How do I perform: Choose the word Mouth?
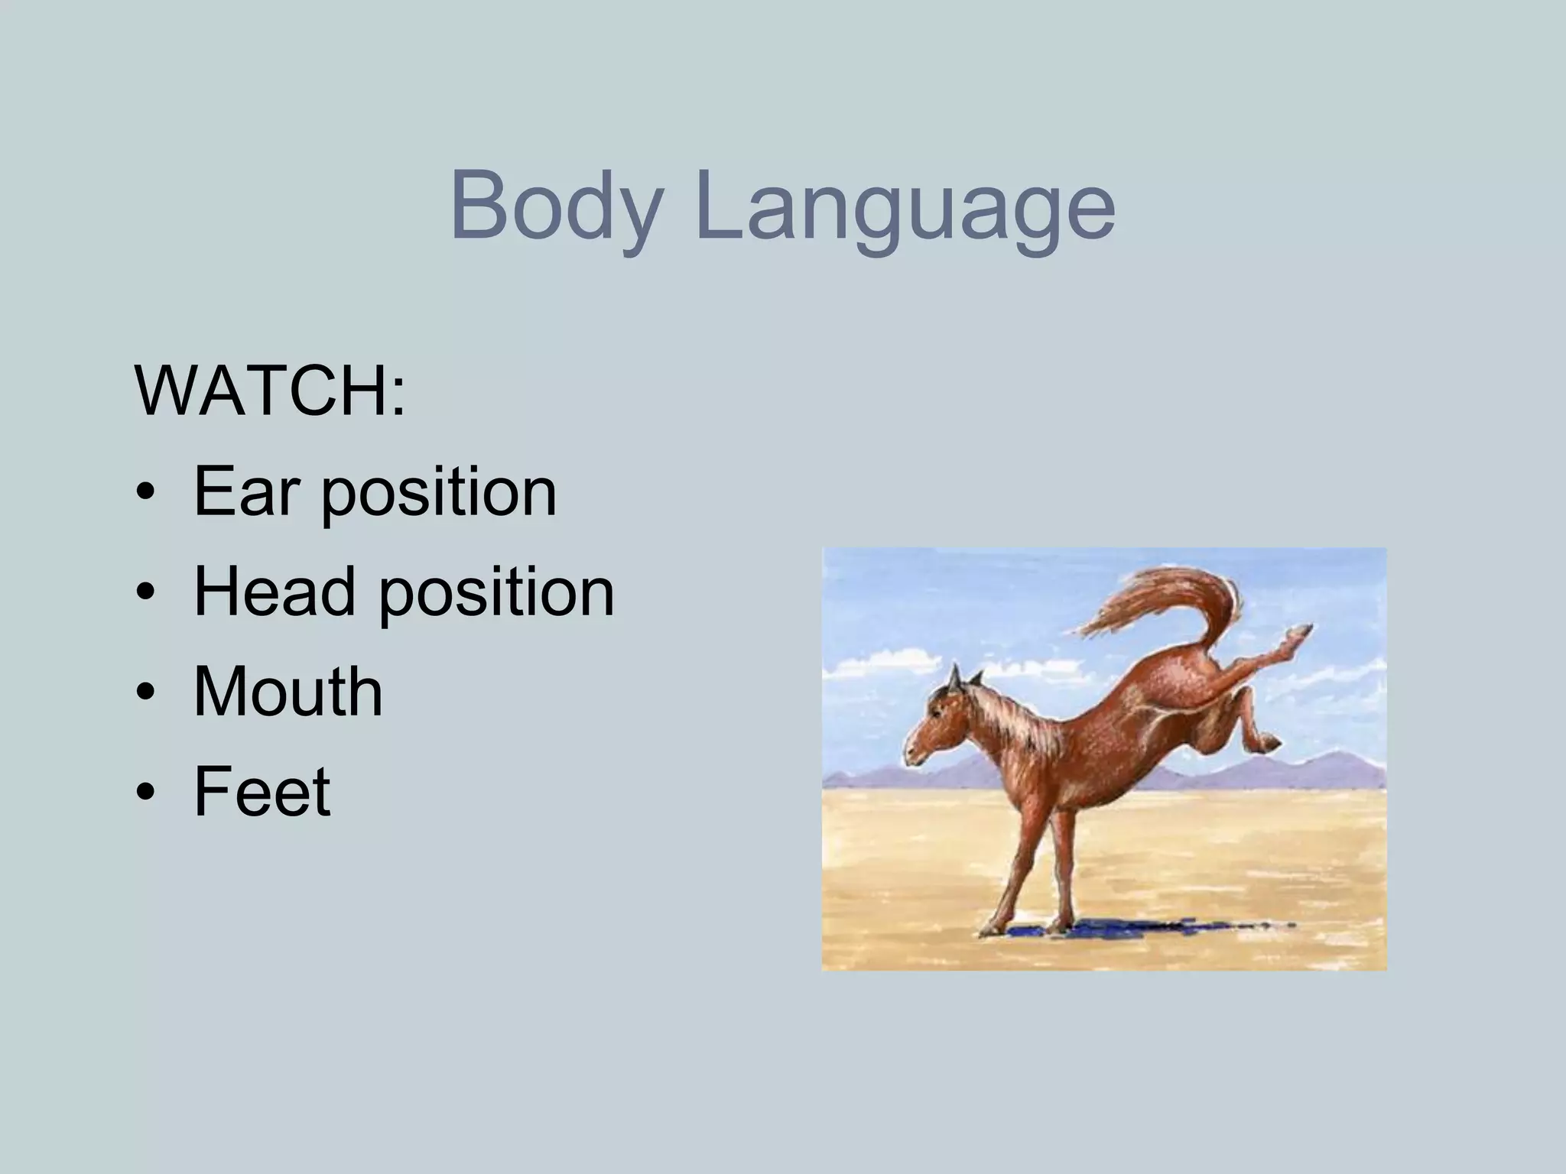tap(288, 691)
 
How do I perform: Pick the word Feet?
tap(262, 790)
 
